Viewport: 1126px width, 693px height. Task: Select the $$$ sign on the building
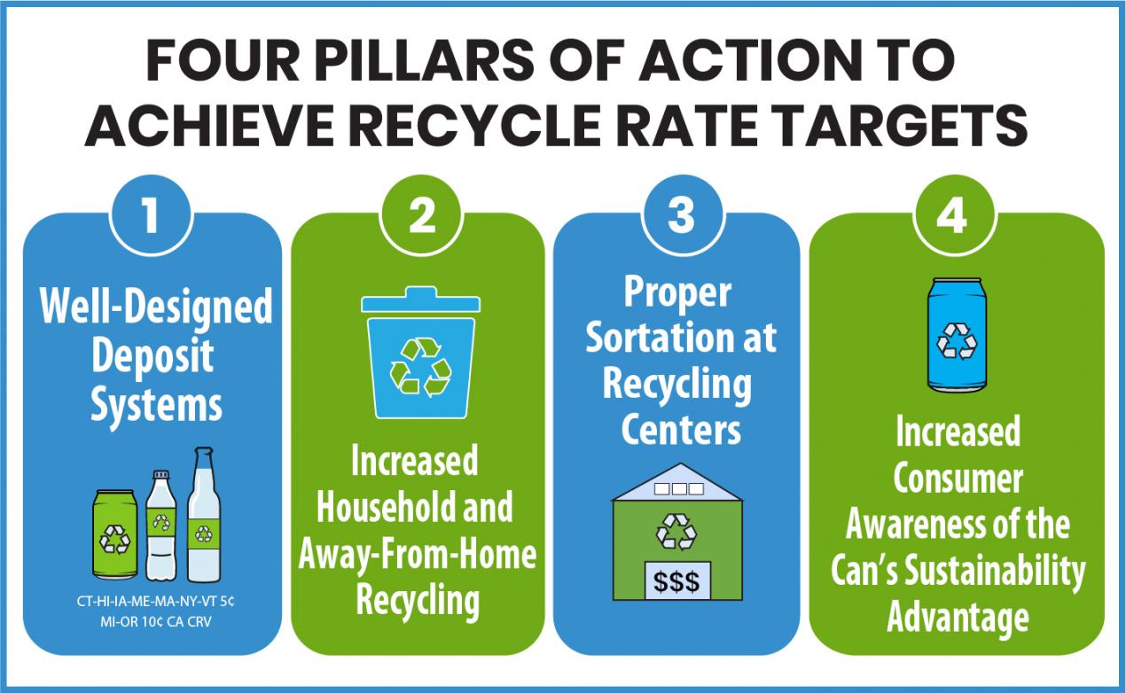click(676, 581)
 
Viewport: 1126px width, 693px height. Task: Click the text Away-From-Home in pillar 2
click(418, 556)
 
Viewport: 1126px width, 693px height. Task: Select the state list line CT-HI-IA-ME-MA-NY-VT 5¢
click(155, 602)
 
